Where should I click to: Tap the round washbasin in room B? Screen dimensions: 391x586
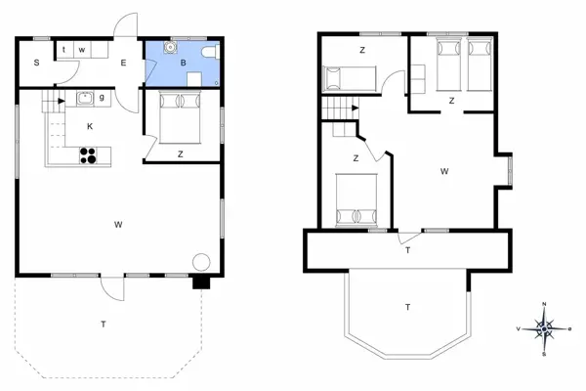coord(171,45)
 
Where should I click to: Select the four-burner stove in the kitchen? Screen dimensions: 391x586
coord(88,153)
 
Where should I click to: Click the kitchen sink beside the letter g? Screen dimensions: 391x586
coord(85,97)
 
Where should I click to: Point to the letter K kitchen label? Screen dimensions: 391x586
coord(89,127)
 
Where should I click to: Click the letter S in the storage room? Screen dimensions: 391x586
coord(36,63)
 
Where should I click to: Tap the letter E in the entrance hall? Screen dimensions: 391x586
coord(123,63)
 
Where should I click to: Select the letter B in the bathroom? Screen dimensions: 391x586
coord(183,63)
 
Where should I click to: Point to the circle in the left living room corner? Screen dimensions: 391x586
coord(201,262)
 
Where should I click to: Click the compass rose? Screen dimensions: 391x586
coord(544,328)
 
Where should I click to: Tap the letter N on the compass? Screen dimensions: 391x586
coord(544,304)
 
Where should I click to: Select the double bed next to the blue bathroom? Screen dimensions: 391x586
coord(177,114)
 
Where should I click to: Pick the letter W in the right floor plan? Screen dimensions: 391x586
coord(444,171)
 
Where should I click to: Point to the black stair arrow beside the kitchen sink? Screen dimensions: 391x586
coord(61,98)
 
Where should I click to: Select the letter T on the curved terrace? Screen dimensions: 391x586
coord(407,308)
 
